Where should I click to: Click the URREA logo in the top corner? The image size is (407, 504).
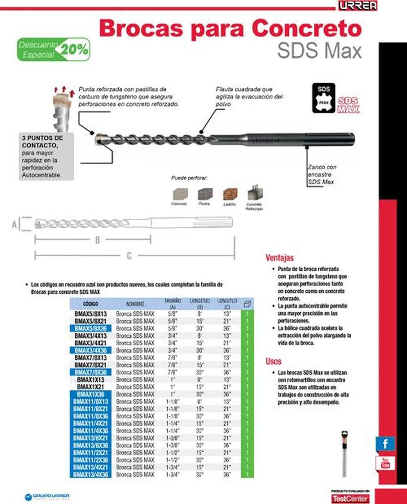tap(358, 6)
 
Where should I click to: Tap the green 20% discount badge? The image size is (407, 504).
tap(54, 49)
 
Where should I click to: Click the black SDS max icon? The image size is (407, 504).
tap(323, 98)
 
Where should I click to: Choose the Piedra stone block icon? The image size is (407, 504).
tap(205, 194)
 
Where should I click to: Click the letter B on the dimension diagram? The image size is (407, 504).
tap(97, 240)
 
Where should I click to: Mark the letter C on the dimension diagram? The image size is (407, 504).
tap(129, 256)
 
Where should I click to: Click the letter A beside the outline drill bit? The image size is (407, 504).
tap(14, 224)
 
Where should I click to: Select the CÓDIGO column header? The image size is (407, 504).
tap(90, 304)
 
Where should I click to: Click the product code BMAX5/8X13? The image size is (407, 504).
tap(90, 314)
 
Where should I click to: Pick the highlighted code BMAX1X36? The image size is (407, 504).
tap(90, 394)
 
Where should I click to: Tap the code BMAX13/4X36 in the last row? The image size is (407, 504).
tap(90, 474)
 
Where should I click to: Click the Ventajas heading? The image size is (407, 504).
tap(279, 258)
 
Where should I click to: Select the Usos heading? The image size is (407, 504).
tap(273, 361)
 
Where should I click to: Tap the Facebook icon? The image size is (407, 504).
tap(385, 444)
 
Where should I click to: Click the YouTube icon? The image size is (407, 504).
tap(385, 463)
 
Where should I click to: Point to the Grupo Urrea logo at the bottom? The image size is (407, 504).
tap(47, 496)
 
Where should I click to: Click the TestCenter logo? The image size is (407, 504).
tap(350, 499)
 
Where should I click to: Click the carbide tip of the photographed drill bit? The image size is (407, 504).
tap(99, 139)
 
